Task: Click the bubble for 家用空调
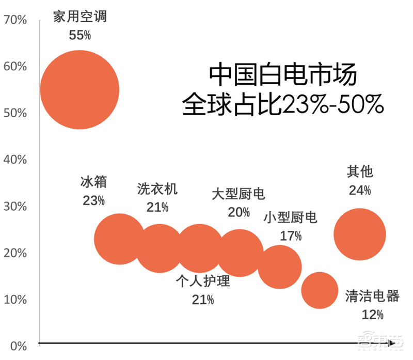[x=80, y=90]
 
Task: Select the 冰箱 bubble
[x=119, y=239]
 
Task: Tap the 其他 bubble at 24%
[x=359, y=234]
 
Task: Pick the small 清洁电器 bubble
[x=320, y=290]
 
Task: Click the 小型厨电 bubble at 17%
[x=279, y=267]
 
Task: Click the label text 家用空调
[x=80, y=17]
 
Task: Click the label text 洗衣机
[x=157, y=189]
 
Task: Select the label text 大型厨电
[x=239, y=194]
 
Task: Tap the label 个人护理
[x=202, y=281]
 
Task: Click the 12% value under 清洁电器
[x=372, y=314]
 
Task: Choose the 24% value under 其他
[x=359, y=190]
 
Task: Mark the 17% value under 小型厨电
[x=290, y=236]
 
